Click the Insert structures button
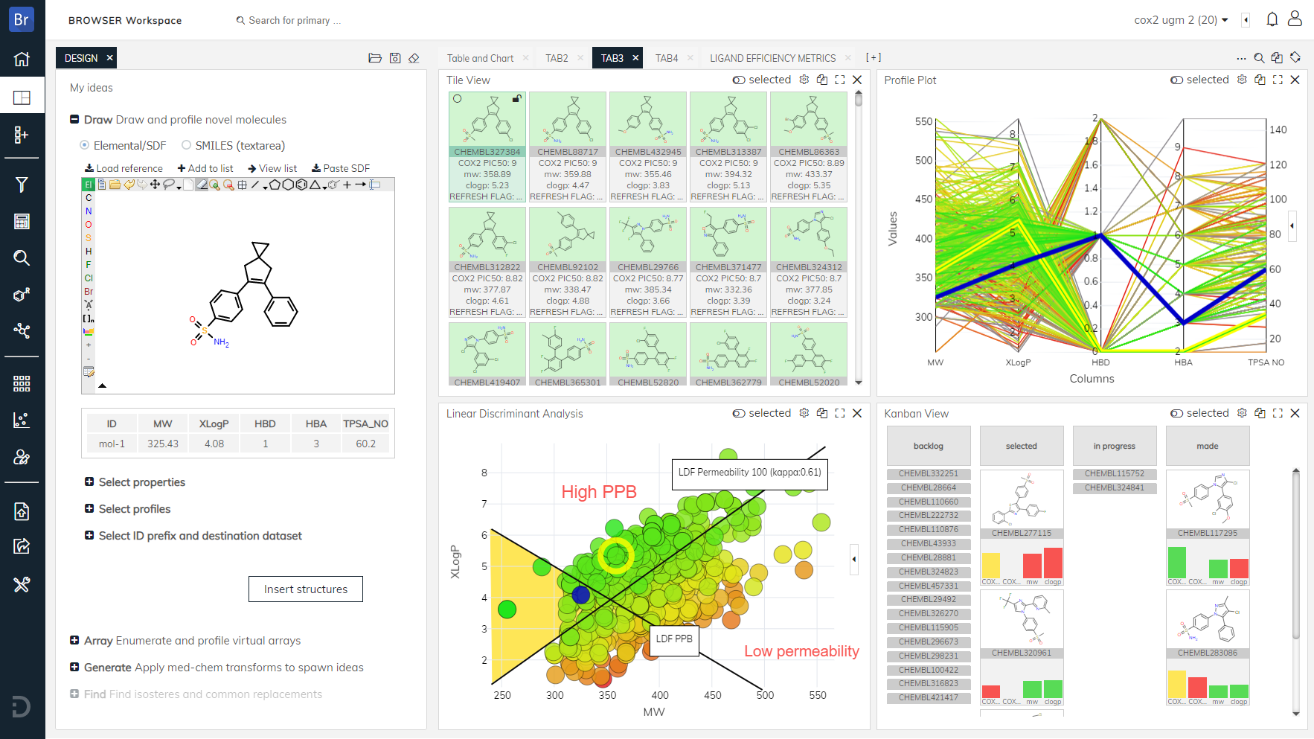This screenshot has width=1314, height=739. pyautogui.click(x=305, y=589)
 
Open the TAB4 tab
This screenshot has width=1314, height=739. pyautogui.click(x=666, y=58)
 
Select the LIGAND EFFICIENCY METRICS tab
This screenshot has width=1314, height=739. pyautogui.click(x=772, y=58)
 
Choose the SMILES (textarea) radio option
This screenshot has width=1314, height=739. pyautogui.click(x=187, y=145)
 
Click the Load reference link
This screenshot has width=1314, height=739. pyautogui.click(x=124, y=168)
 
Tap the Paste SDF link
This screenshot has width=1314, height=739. pyautogui.click(x=341, y=168)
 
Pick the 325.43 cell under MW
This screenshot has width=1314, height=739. pyautogui.click(x=163, y=444)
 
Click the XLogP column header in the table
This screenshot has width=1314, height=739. pyautogui.click(x=214, y=423)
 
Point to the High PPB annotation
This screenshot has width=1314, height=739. pyautogui.click(x=599, y=492)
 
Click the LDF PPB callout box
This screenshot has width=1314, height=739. pyautogui.click(x=674, y=639)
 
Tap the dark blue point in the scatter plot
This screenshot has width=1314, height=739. pyautogui.click(x=581, y=595)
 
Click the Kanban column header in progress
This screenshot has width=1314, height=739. pyautogui.click(x=1114, y=446)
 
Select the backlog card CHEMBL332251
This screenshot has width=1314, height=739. pyautogui.click(x=928, y=473)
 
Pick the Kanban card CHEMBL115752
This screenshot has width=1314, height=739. pyautogui.click(x=1114, y=473)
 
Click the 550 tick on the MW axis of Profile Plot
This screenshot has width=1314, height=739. pyautogui.click(x=923, y=121)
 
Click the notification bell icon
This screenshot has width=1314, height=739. pyautogui.click(x=1272, y=19)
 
